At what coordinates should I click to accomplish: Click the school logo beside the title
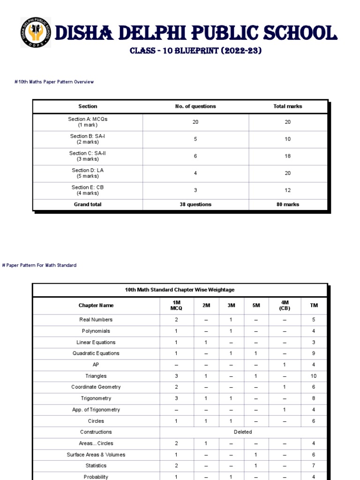pos(36,32)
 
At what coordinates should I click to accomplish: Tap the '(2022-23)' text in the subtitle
pos(238,51)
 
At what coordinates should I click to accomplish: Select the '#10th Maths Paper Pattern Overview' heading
pos(54,82)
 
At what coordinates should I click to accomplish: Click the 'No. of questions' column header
pos(195,106)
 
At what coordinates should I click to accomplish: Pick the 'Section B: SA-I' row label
pos(88,139)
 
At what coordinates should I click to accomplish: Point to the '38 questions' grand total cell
pos(195,204)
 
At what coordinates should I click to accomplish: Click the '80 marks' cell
pos(287,204)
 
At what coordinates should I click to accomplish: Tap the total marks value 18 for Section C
pos(287,156)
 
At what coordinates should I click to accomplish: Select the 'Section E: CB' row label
pos(88,190)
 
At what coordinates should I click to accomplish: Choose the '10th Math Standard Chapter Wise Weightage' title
pos(180,290)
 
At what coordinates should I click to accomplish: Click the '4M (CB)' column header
pos(285,305)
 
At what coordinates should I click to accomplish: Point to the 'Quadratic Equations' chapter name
pos(96,353)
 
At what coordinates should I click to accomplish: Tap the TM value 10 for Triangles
pos(314,376)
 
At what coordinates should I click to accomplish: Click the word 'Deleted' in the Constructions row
pos(243,432)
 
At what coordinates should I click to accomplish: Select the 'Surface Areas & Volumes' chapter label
pos(96,455)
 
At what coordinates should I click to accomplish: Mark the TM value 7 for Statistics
pos(314,466)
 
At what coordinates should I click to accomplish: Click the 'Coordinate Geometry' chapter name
pos(96,387)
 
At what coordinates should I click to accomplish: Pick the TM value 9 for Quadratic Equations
pos(314,353)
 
